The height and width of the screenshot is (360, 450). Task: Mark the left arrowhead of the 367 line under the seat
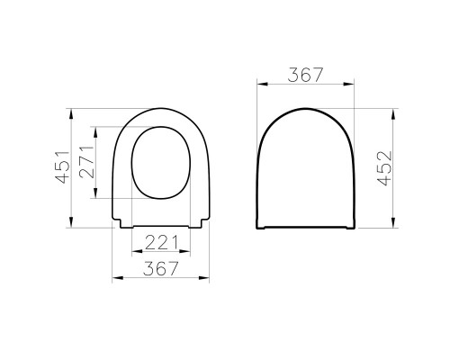(x=113, y=279)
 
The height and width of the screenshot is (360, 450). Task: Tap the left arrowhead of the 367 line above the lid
(x=260, y=86)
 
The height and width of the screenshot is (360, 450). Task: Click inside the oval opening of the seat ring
(x=164, y=162)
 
